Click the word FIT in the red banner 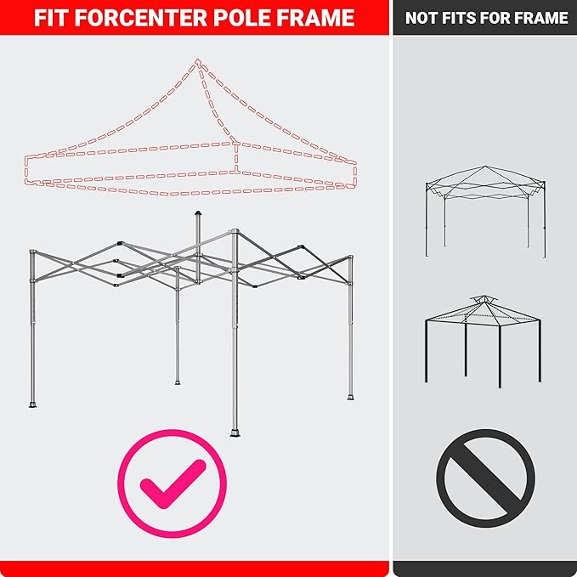[52, 18]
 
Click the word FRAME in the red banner [316, 18]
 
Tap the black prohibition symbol [486, 478]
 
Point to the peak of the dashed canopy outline [198, 60]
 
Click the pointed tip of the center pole [198, 212]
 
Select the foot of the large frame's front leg [235, 433]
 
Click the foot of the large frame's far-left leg [33, 404]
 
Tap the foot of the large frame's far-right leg [351, 397]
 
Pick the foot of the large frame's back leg [178, 382]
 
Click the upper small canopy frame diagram [486, 212]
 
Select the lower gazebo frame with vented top [483, 342]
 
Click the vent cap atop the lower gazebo [484, 299]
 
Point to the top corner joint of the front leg [235, 232]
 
